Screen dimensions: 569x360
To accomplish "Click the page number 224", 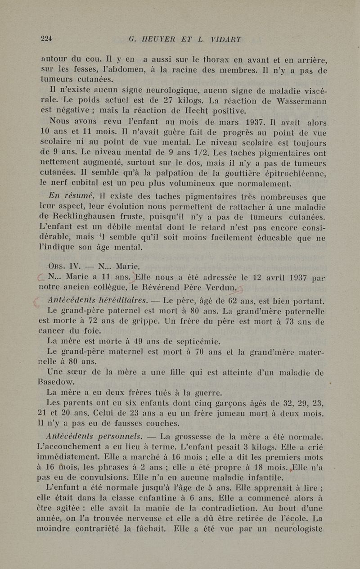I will (x=46, y=39).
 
